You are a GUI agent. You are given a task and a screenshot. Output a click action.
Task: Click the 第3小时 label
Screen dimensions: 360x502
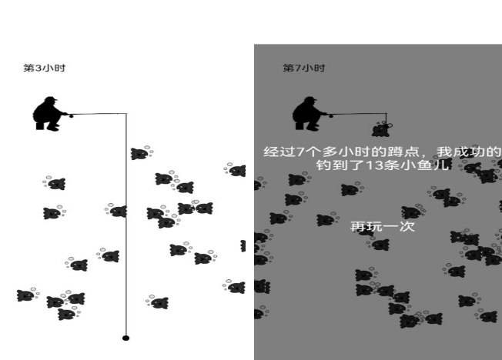(45, 68)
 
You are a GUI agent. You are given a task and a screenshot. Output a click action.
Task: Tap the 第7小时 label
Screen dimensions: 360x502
(304, 68)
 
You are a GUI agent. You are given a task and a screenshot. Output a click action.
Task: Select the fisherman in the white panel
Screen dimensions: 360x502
(49, 115)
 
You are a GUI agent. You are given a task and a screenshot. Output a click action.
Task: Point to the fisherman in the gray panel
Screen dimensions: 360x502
(310, 115)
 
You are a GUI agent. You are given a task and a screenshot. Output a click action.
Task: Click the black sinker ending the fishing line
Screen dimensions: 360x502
(125, 338)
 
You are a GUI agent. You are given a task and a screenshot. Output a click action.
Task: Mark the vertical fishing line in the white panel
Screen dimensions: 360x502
(125, 231)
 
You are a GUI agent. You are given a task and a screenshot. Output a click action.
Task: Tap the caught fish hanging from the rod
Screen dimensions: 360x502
(380, 128)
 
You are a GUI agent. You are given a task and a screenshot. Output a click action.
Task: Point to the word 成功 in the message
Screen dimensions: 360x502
(470, 152)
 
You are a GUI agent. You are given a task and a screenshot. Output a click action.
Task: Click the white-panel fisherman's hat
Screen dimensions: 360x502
(49, 100)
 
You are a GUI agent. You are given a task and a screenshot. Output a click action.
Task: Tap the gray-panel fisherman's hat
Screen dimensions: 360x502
(310, 100)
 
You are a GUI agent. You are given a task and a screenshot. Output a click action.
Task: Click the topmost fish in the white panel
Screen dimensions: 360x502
(139, 154)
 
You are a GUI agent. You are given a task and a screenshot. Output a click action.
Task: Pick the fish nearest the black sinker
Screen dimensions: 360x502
(158, 302)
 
